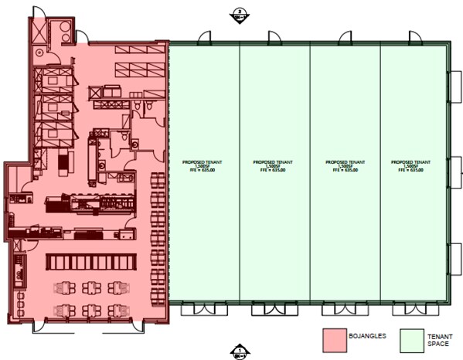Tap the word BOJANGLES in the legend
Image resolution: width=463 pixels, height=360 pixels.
[x=368, y=335]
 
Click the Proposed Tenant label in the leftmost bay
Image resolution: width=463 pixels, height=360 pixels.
[x=203, y=166]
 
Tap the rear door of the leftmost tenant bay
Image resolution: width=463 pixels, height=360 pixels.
[x=203, y=36]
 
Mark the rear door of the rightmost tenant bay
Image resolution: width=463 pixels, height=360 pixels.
[x=416, y=36]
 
